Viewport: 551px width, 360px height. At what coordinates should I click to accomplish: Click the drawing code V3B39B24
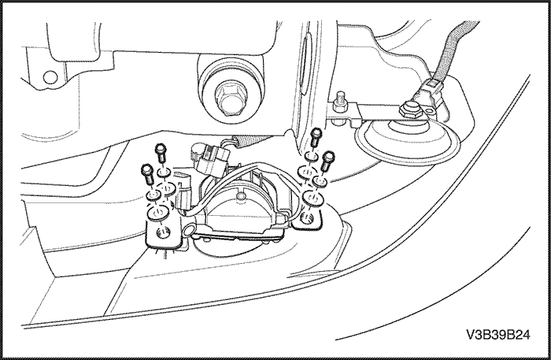(498, 335)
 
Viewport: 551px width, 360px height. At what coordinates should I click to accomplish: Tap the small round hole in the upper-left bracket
(50, 77)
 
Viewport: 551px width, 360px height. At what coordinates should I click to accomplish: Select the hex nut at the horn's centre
(409, 111)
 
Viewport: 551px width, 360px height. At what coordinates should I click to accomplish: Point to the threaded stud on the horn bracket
(341, 98)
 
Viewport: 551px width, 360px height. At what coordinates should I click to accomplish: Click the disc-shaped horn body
(407, 141)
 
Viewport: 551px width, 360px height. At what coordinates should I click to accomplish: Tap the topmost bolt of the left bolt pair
(161, 152)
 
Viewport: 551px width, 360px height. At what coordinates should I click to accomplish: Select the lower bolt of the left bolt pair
(147, 173)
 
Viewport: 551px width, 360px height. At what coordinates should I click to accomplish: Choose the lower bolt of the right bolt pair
(328, 161)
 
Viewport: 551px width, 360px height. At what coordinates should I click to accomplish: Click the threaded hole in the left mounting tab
(163, 232)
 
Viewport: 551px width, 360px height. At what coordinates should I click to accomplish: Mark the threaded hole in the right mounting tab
(308, 218)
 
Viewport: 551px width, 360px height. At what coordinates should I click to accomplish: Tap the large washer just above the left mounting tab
(157, 213)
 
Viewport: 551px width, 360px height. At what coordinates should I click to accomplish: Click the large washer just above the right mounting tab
(312, 197)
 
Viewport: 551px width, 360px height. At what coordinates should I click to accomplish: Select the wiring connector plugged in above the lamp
(210, 158)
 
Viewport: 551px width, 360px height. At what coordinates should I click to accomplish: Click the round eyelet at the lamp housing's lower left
(187, 230)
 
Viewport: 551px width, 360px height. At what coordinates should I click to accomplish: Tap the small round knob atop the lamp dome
(241, 196)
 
